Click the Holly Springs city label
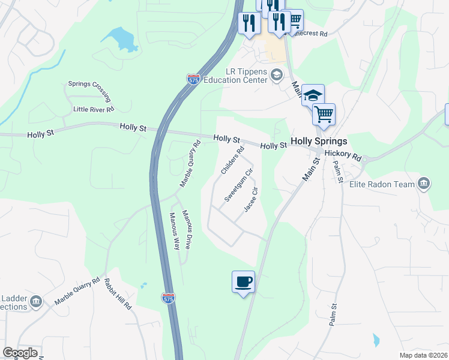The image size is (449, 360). pos(319,142)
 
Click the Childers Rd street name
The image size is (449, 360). pos(233,161)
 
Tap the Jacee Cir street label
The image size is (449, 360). pos(251,200)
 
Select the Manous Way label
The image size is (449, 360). pos(174,231)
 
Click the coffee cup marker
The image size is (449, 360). pos(243,281)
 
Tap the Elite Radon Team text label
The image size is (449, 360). pos(382,184)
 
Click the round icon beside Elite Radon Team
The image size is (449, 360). pos(424,182)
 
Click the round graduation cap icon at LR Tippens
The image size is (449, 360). pos(276,74)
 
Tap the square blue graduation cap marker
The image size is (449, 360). pos(313,95)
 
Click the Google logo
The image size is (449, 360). pos(20,353)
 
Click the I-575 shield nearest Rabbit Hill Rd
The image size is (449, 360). pos(169,298)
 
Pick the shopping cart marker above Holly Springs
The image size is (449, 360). pos(324,114)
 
